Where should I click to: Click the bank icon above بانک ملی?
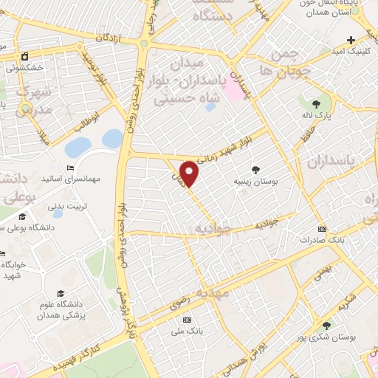(x=187, y=320)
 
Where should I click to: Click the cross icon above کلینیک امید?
(x=351, y=39)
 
